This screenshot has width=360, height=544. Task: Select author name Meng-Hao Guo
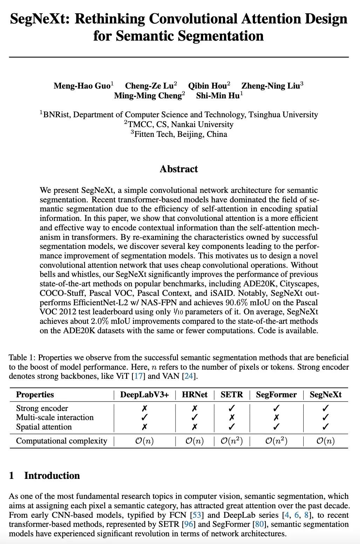[82, 86]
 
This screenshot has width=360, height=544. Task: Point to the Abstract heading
[179, 169]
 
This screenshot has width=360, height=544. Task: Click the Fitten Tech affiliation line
[180, 134]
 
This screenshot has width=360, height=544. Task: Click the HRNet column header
[195, 395]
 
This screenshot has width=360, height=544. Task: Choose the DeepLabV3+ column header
[144, 395]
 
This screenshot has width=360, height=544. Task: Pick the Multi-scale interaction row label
[55, 417]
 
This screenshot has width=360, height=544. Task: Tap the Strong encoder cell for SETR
[231, 408]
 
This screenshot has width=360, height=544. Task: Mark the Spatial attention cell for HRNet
[195, 427]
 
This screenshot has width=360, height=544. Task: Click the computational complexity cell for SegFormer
[276, 441]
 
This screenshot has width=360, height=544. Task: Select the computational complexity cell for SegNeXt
[325, 441]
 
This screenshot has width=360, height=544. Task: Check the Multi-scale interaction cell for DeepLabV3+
[144, 417]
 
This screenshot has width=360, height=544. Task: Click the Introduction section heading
[52, 475]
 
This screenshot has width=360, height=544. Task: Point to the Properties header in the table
[35, 395]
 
